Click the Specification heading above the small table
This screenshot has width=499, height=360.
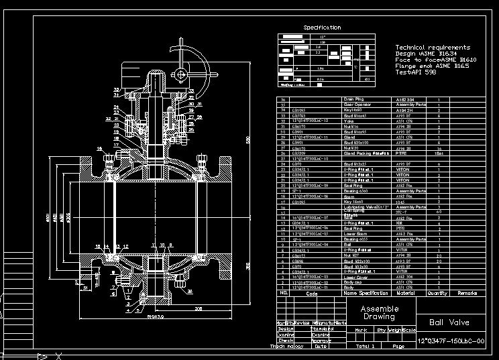pyautogui.click(x=322, y=27)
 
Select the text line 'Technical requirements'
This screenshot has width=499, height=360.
pyautogui.click(x=433, y=48)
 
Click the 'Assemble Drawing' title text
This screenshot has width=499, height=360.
pyautogui.click(x=380, y=313)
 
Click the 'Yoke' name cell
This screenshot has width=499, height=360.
pyautogui.click(x=347, y=121)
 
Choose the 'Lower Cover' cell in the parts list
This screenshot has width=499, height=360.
pyautogui.click(x=353, y=276)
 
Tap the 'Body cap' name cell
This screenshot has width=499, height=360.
pyautogui.click(x=351, y=282)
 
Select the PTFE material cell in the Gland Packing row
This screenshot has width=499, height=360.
pyautogui.click(x=401, y=153)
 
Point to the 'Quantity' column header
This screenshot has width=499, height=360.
pyautogui.click(x=438, y=293)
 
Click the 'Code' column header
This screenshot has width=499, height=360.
pyautogui.click(x=311, y=294)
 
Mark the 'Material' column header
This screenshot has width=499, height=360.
pyautogui.click(x=404, y=293)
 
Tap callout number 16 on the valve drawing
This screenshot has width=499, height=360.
pyautogui.click(x=99, y=149)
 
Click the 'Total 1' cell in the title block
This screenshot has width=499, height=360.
pyautogui.click(x=366, y=347)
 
